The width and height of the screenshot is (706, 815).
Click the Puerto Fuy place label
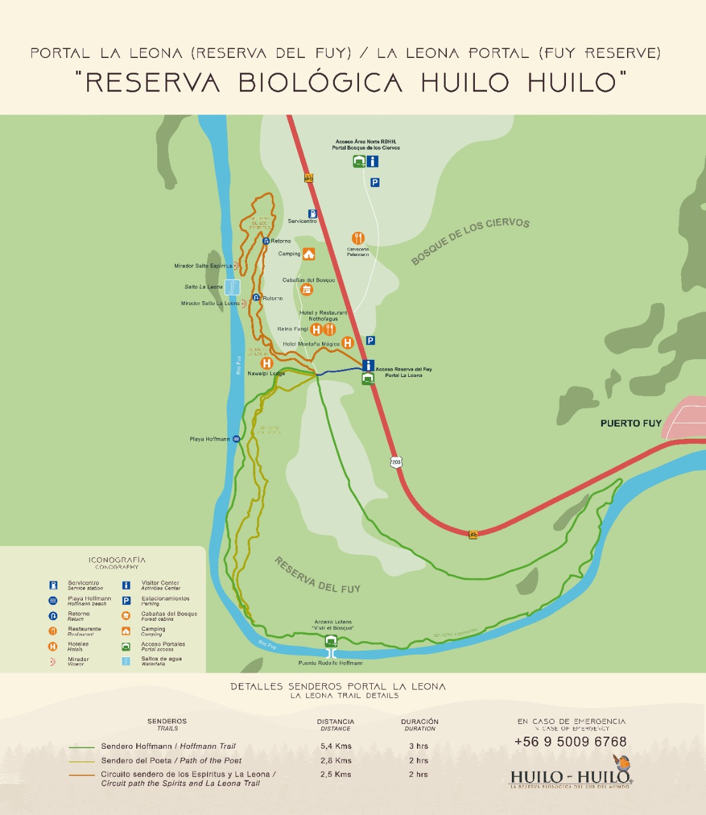pyautogui.click(x=630, y=423)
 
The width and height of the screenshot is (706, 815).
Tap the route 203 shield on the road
pyautogui.click(x=397, y=462)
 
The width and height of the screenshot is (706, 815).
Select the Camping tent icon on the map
pyautogui.click(x=309, y=254)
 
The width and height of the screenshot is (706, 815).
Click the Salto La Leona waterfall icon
pyautogui.click(x=233, y=287)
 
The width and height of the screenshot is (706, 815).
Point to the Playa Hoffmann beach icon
pyautogui.click(x=236, y=439)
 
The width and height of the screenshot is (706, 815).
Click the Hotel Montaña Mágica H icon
pyautogui.click(x=348, y=343)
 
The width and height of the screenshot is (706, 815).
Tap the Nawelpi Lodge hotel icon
pyautogui.click(x=267, y=363)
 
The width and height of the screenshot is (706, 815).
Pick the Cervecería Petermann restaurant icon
pyautogui.click(x=358, y=238)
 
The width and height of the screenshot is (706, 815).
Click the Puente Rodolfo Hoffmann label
pyautogui.click(x=330, y=663)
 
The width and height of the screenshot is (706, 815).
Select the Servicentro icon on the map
pyautogui.click(x=313, y=214)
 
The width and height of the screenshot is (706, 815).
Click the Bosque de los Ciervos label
pyautogui.click(x=470, y=240)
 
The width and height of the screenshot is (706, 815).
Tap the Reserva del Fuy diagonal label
pyautogui.click(x=317, y=575)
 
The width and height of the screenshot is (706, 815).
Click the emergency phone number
pyautogui.click(x=570, y=742)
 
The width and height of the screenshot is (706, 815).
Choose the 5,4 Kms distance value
pyautogui.click(x=335, y=746)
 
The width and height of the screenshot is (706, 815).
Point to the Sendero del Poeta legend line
pyautogui.click(x=81, y=761)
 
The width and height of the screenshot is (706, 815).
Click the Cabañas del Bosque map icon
pyautogui.click(x=307, y=290)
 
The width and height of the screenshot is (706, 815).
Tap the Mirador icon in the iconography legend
pyautogui.click(x=53, y=662)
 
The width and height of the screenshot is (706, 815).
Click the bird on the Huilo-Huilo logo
pyautogui.click(x=622, y=762)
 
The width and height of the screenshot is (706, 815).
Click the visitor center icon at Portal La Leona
pyautogui.click(x=368, y=365)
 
